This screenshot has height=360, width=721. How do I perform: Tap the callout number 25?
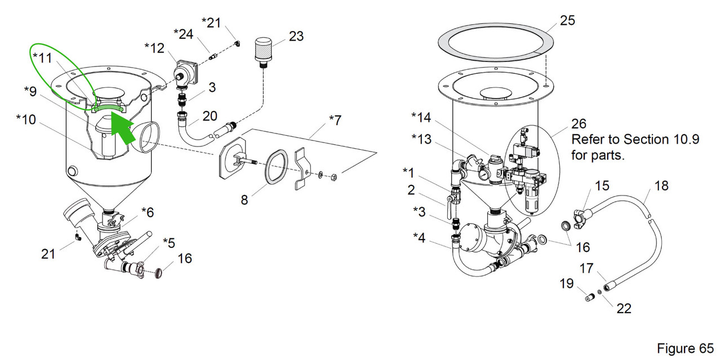pyautogui.click(x=567, y=21)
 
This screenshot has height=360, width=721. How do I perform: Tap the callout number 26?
pyautogui.click(x=578, y=123)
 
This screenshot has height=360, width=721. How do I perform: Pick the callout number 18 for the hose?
pyautogui.click(x=661, y=185)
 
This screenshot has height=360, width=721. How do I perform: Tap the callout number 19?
pyautogui.click(x=566, y=284)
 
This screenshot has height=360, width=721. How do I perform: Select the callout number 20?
pyautogui.click(x=210, y=116)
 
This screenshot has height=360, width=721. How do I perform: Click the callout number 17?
pyautogui.click(x=586, y=268)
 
